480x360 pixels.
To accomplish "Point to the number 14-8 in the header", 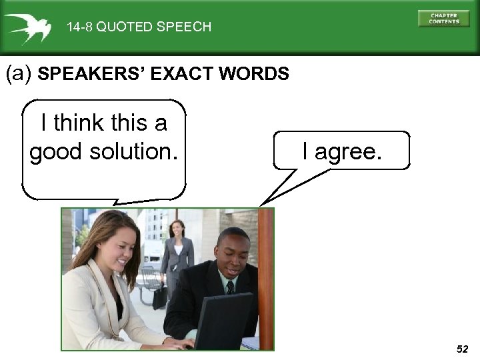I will click(80, 27).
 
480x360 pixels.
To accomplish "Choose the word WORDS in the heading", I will click(260, 74).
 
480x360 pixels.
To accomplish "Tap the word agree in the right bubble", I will click(351, 151).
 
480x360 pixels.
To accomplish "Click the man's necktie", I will click(230, 288).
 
